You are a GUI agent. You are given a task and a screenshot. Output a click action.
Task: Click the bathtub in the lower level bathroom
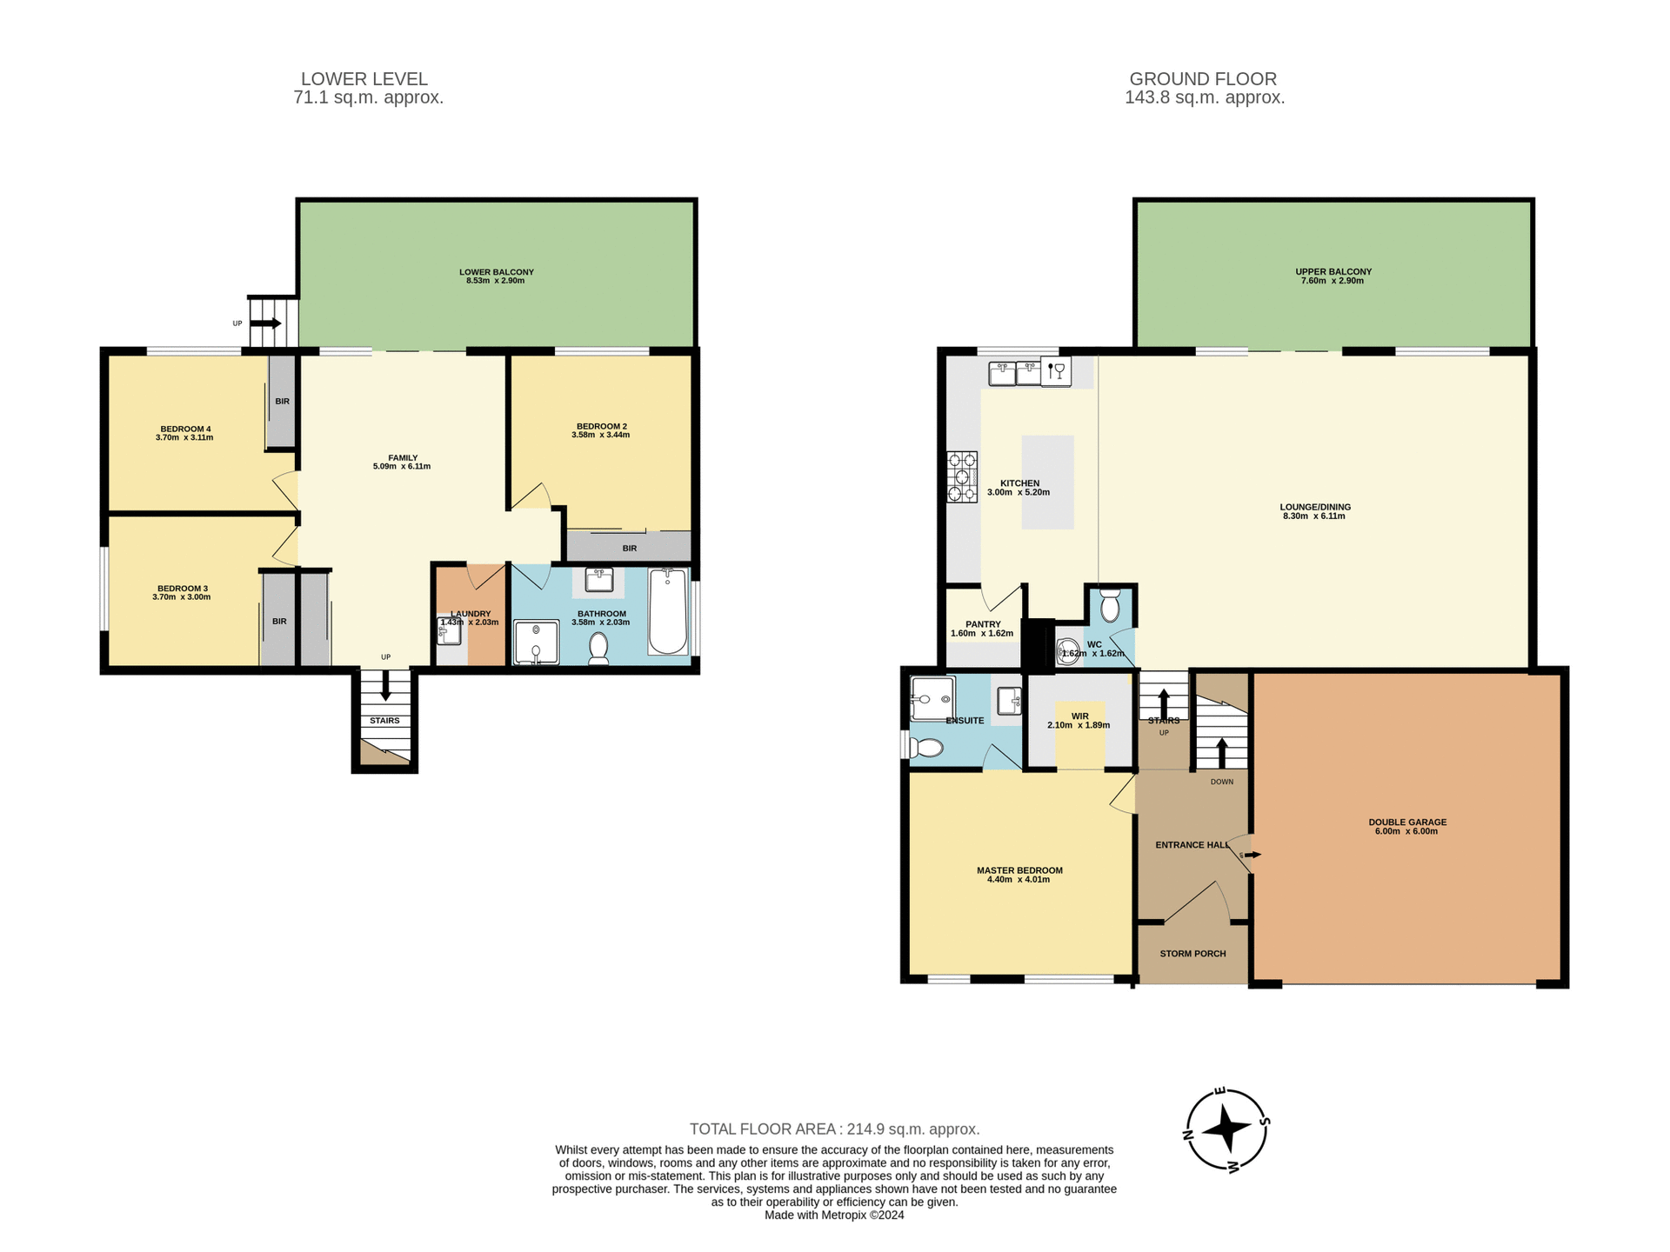668,611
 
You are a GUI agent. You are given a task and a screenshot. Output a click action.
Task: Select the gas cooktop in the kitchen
962,476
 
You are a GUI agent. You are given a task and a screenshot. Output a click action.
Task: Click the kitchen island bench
1047,483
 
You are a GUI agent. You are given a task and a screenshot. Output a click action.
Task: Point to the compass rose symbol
1226,1129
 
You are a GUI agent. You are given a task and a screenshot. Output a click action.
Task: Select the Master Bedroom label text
1019,870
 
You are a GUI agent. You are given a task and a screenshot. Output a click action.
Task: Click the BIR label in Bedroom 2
630,549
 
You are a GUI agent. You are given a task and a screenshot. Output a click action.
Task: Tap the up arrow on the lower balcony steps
269,323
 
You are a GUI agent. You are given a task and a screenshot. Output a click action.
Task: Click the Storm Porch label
1192,954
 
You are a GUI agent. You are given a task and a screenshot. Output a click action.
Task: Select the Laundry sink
449,631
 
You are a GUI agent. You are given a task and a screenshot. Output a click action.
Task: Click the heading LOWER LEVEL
364,79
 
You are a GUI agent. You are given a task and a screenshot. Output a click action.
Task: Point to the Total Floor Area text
834,1129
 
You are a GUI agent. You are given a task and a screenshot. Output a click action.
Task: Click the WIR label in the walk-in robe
1079,716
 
